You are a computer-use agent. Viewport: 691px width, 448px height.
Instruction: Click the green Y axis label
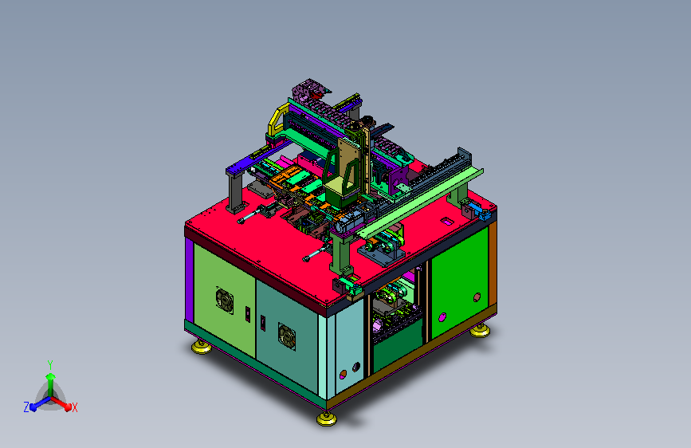pyautogui.click(x=50, y=365)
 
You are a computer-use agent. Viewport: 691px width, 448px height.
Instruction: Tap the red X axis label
pyautogui.click(x=74, y=408)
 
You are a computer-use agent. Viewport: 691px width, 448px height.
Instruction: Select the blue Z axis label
pyautogui.click(x=26, y=407)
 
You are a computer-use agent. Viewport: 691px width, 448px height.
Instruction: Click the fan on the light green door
pyautogui.click(x=224, y=301)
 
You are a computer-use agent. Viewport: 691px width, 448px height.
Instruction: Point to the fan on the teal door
pyautogui.click(x=287, y=336)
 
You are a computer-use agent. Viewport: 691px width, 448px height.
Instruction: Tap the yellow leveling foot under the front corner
pyautogui.click(x=327, y=419)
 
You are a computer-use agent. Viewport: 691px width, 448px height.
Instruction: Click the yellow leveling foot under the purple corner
pyautogui.click(x=202, y=347)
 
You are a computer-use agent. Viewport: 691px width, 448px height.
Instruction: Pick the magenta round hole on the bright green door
pyautogui.click(x=442, y=317)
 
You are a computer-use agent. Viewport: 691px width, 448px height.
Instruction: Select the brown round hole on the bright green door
pyautogui.click(x=477, y=297)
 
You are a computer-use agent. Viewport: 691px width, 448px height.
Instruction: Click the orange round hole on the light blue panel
pyautogui.click(x=344, y=375)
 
